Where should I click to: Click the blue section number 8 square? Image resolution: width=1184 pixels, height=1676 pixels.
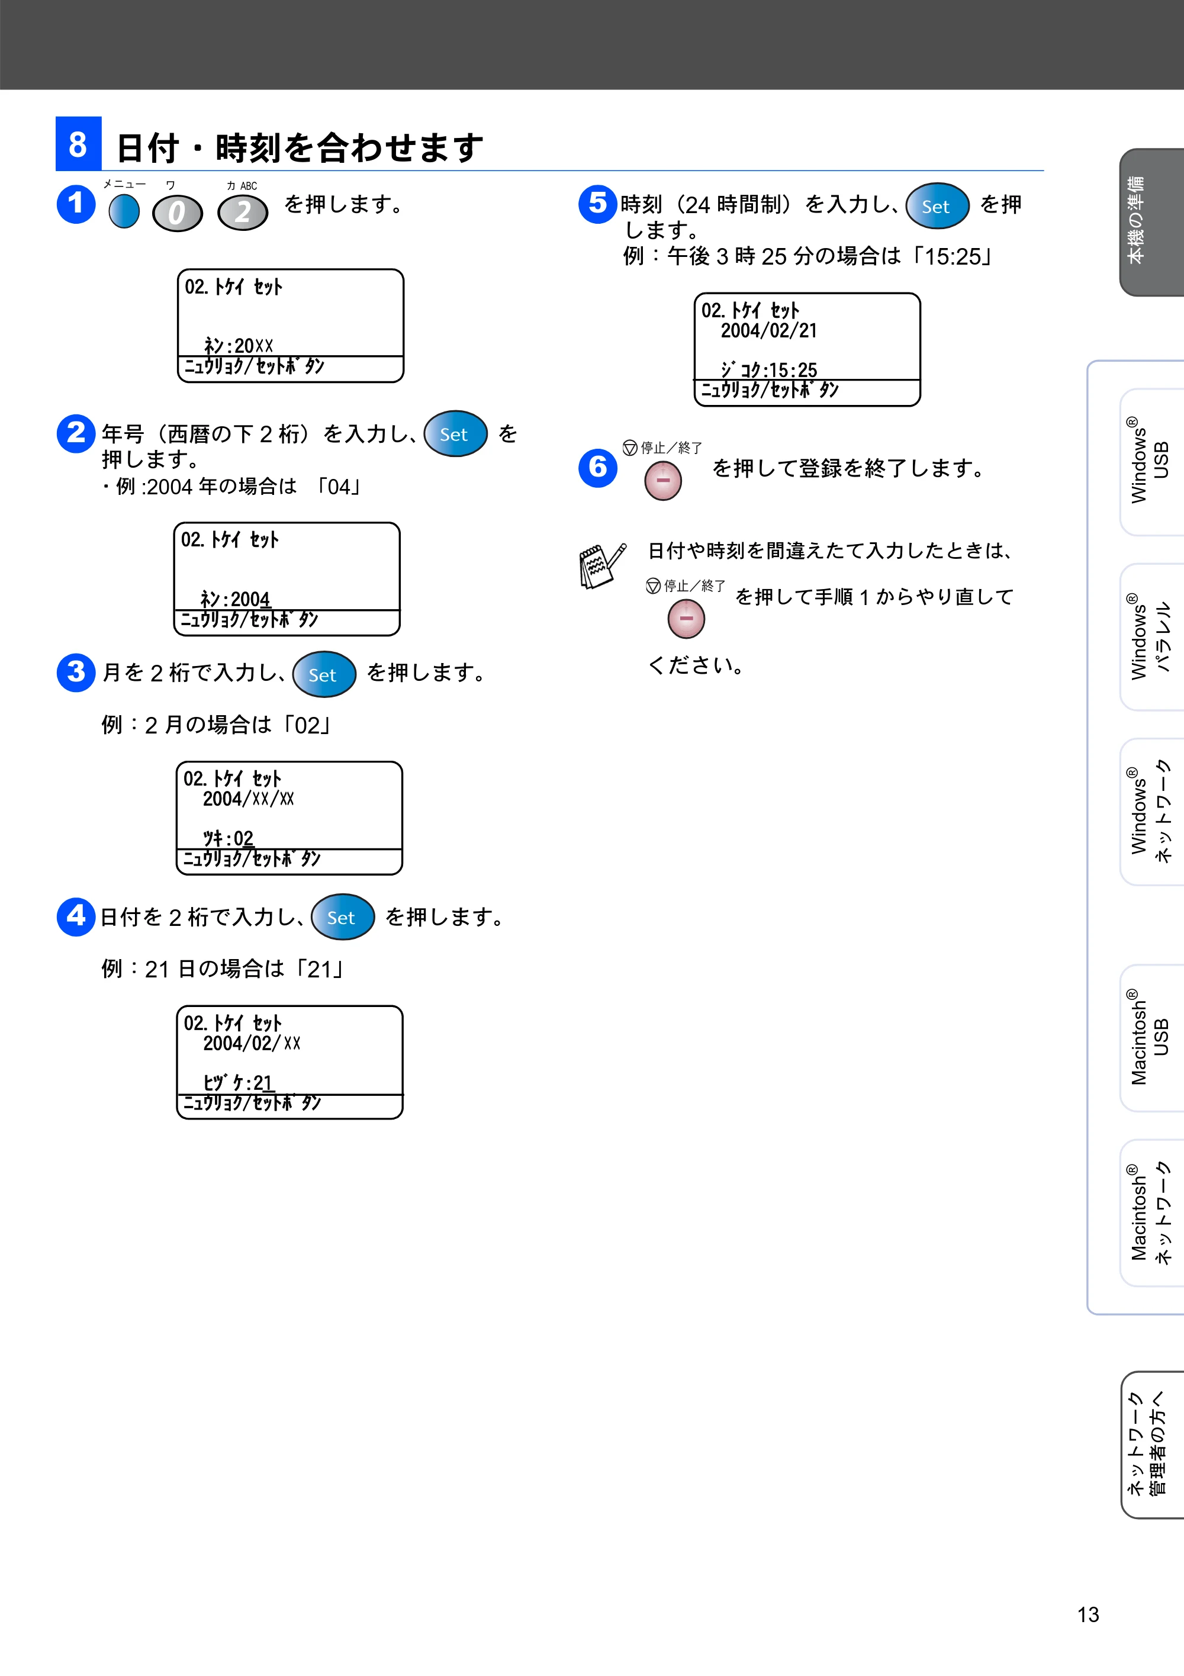coord(78,143)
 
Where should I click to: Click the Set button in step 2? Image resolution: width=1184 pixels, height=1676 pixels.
coord(455,433)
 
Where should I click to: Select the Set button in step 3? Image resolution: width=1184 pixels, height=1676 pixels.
coord(324,674)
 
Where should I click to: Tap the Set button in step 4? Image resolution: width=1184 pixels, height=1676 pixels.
coord(342,917)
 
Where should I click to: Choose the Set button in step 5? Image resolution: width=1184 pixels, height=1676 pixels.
coord(937,206)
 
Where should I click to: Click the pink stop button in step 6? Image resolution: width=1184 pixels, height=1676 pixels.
coord(663,481)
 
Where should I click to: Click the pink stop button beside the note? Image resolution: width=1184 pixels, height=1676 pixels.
coord(686,619)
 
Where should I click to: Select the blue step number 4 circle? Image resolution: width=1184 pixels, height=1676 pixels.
coord(76,916)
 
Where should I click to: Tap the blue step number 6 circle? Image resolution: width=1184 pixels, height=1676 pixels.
coord(598,467)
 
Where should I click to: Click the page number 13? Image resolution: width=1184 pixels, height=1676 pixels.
coord(1088,1614)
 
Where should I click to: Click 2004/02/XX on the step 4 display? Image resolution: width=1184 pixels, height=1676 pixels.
coord(252,1043)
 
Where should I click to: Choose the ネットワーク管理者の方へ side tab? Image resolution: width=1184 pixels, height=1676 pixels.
coord(1152,1445)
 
